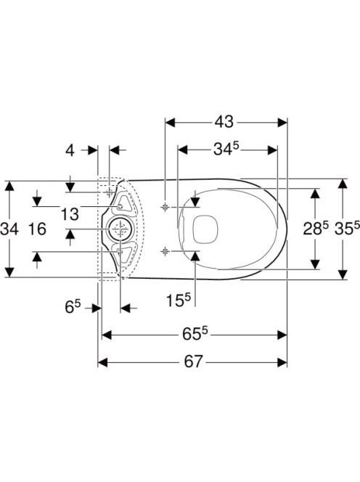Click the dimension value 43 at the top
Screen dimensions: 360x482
click(224, 122)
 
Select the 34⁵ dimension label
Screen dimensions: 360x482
click(226, 150)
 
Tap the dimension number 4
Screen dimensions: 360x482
click(70, 150)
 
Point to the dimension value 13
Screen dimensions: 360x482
click(70, 214)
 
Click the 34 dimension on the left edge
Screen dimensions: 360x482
click(9, 229)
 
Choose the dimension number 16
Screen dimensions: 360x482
click(37, 229)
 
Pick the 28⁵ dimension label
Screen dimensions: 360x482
click(316, 229)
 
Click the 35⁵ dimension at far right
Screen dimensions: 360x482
click(347, 229)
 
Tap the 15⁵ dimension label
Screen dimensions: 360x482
click(179, 300)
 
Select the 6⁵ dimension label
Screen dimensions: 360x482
click(73, 307)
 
